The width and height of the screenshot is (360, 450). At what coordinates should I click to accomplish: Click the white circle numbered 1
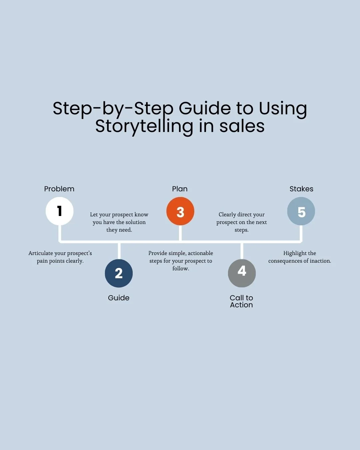click(60, 211)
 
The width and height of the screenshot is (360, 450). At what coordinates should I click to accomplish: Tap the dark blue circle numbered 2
click(119, 273)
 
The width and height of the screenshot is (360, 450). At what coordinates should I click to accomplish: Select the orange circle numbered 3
click(180, 211)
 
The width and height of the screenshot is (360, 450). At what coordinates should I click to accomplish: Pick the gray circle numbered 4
click(242, 273)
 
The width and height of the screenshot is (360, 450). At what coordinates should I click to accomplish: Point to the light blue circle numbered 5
click(301, 211)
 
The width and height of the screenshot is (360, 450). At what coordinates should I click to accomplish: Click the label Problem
click(59, 189)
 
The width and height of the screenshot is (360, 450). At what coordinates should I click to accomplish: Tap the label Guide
click(119, 298)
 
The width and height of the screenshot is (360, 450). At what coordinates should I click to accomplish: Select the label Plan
click(180, 189)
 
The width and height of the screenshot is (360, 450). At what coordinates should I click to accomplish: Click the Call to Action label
click(241, 301)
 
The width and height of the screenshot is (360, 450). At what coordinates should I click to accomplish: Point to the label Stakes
click(301, 189)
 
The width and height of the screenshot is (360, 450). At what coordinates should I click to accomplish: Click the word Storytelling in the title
click(144, 127)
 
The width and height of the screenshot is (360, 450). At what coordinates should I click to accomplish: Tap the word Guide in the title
click(205, 108)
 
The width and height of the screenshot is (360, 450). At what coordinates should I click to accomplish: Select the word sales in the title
click(242, 127)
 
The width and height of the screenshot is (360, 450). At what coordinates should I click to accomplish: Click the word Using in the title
click(283, 109)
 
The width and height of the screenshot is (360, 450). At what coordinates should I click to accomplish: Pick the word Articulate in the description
click(41, 253)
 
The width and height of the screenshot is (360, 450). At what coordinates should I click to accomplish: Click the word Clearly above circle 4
click(227, 215)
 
